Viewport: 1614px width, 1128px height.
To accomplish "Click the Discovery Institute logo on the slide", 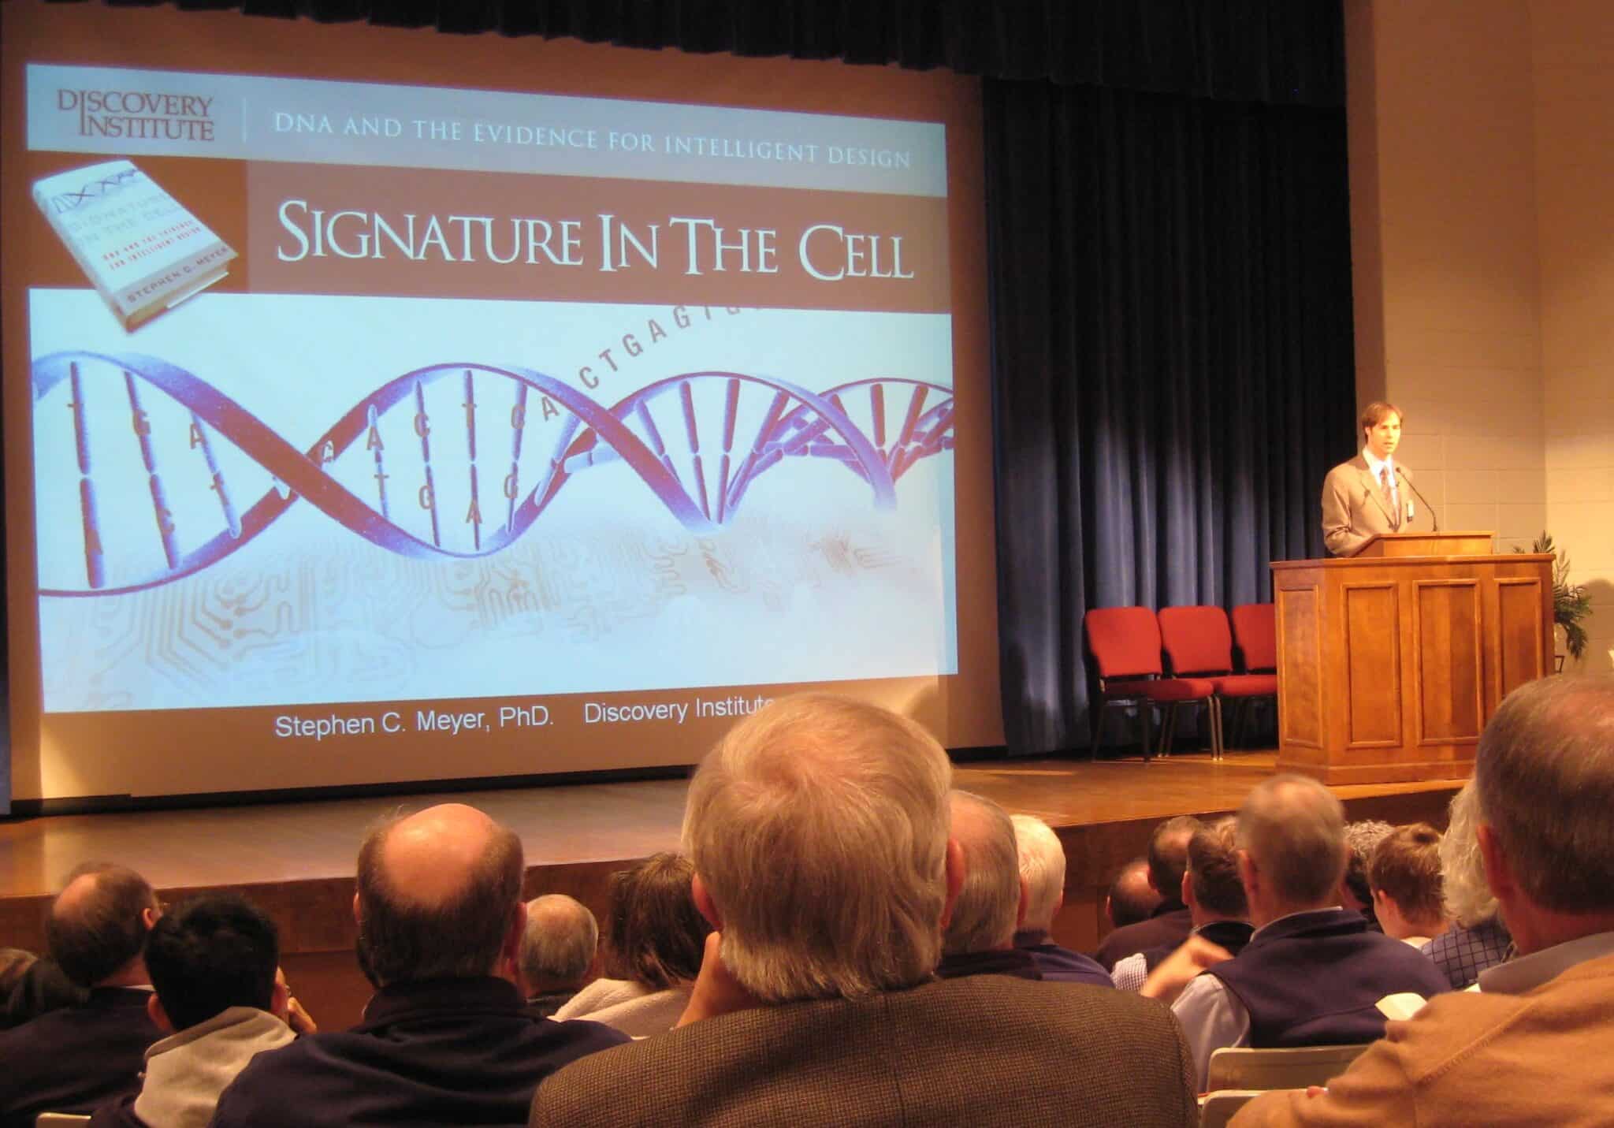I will point(136,115).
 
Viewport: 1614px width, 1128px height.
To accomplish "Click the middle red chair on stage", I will point(1195,654).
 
